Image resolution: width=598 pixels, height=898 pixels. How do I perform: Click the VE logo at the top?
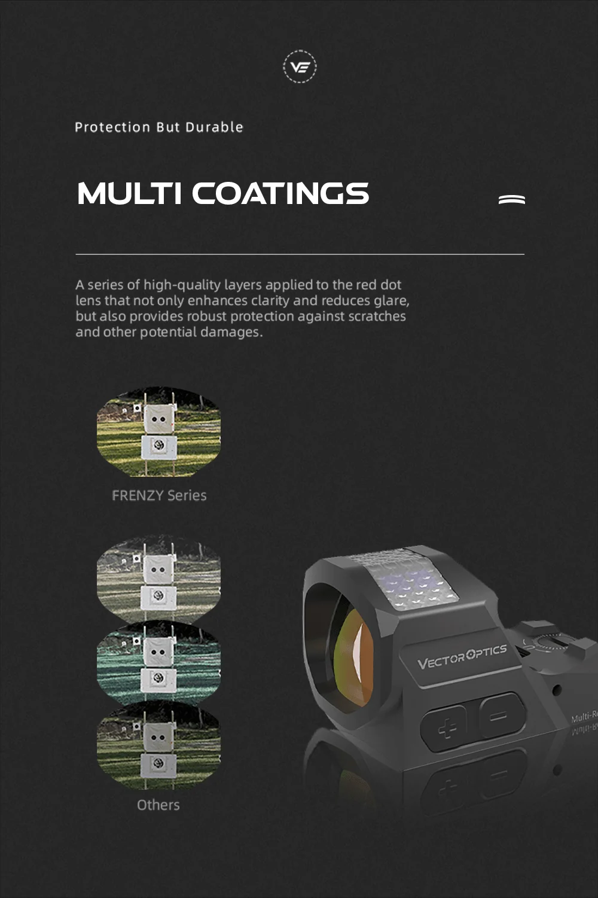tap(300, 66)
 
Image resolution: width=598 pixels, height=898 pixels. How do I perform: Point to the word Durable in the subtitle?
tap(214, 127)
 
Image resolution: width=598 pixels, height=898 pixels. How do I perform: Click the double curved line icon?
tap(512, 199)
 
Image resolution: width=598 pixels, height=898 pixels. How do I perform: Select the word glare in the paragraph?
tap(390, 300)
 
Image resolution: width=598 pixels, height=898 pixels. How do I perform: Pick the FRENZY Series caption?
tap(159, 495)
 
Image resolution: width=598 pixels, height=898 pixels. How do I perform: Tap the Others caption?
tap(158, 805)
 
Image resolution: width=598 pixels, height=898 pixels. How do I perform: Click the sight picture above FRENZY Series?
tap(158, 431)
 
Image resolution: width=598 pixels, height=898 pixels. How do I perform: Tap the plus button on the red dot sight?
tap(446, 727)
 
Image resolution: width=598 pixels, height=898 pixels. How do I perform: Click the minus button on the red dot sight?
tap(499, 715)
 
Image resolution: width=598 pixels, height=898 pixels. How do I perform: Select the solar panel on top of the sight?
tap(407, 580)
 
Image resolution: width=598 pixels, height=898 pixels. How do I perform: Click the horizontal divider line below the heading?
tap(300, 254)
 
